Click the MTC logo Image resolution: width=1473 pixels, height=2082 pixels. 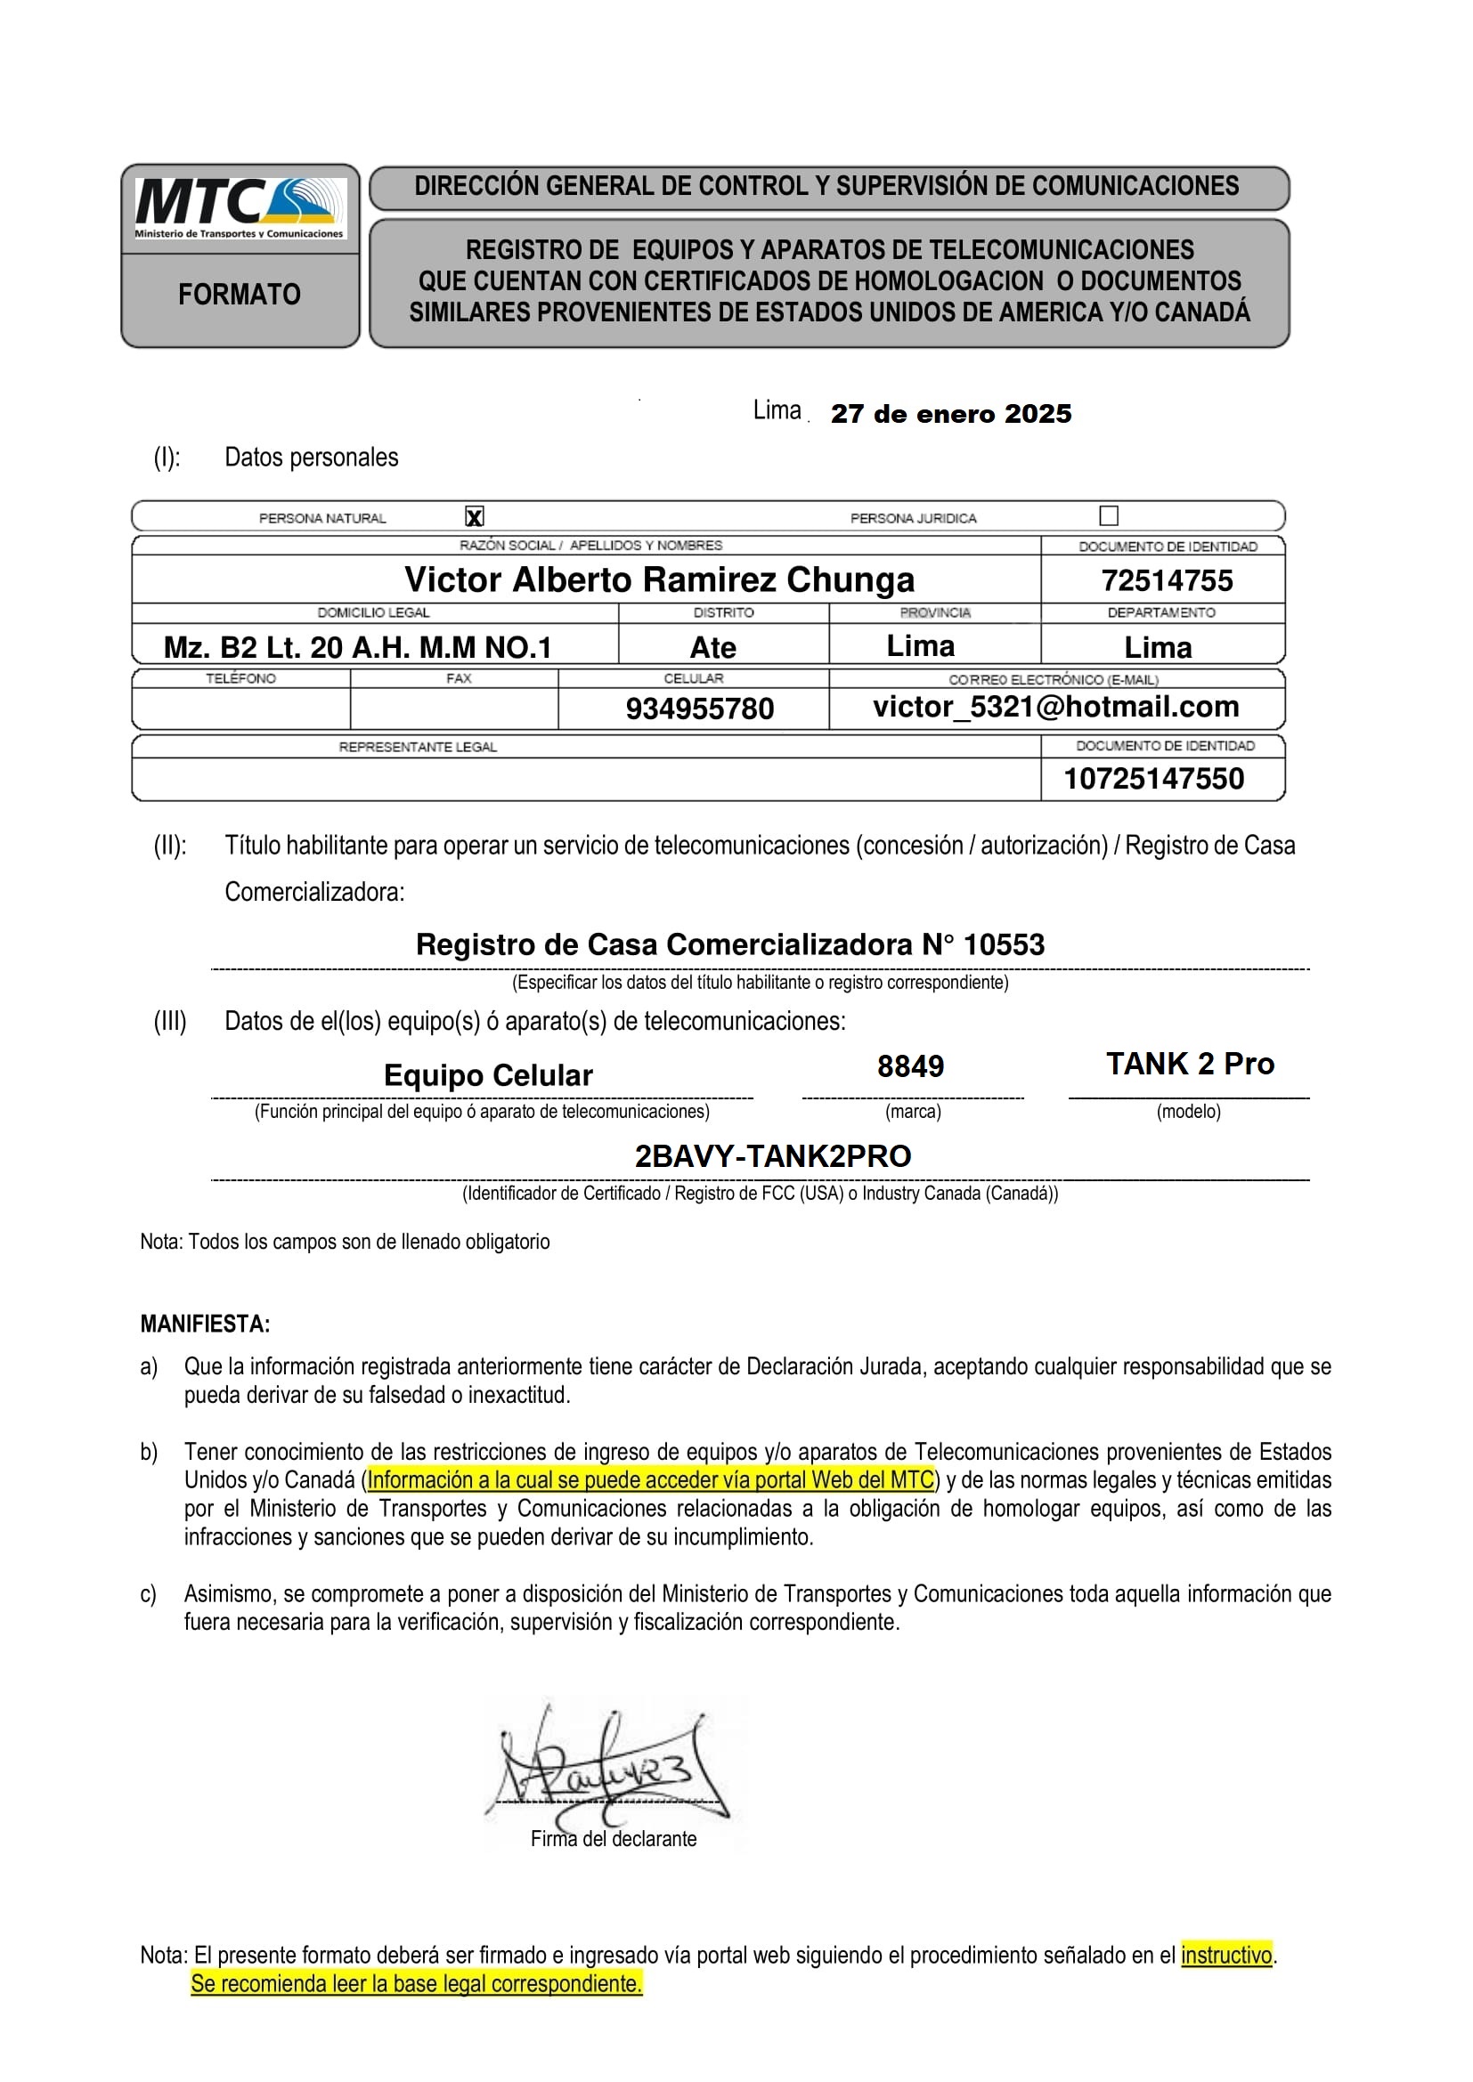240,207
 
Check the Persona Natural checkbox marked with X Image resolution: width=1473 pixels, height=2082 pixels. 475,517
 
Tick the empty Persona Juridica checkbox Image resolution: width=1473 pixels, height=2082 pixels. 1109,516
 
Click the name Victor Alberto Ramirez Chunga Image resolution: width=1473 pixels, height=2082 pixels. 659,579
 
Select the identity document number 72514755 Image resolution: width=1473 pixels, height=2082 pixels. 1167,580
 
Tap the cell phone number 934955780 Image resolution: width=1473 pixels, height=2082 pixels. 699,709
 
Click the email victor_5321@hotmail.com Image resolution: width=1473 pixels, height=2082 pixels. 1056,707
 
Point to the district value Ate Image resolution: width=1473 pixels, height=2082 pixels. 713,647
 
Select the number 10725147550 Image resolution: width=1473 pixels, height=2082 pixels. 1153,778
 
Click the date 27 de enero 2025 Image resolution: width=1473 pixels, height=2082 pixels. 950,414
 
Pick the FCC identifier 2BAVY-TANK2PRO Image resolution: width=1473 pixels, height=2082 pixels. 773,1156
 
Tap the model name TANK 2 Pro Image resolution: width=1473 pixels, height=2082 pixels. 1190,1064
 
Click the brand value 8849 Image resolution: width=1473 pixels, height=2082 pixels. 911,1065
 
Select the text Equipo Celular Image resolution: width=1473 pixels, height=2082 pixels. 488,1075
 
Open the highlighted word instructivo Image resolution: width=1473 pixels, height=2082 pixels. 1226,1955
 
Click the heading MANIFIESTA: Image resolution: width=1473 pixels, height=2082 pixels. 205,1324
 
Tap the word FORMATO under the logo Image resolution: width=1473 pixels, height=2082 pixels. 240,295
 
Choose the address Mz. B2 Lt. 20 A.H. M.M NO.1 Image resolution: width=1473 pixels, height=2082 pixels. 357,647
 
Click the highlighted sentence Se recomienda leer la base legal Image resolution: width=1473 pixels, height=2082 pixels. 416,1984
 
